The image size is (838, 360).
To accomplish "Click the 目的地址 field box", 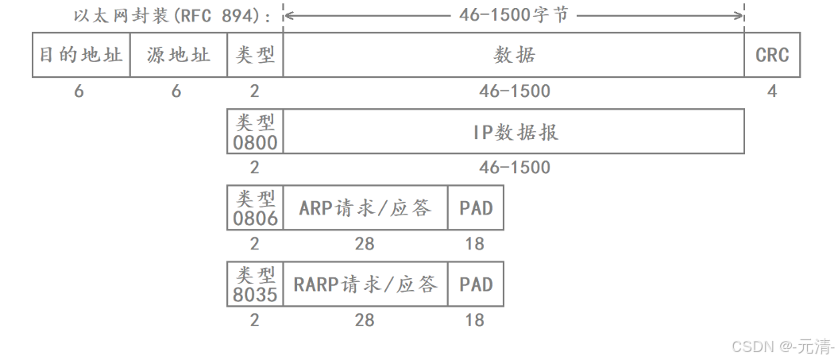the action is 81,55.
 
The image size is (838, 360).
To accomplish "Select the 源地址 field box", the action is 179,55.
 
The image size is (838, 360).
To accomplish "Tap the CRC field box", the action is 772,55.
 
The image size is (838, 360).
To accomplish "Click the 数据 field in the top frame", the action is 514,55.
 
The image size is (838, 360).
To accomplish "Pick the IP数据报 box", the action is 514,132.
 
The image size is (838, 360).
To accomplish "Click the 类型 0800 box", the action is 255,132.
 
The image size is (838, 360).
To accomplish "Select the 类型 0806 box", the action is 255,208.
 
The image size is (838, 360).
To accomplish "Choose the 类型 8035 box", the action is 255,285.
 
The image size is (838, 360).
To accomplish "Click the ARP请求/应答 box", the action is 365,208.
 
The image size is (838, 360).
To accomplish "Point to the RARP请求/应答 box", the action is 365,285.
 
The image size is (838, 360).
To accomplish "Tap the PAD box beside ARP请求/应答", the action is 476,208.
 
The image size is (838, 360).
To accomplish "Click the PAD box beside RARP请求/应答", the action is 476,285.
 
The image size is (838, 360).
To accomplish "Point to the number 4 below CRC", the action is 772,91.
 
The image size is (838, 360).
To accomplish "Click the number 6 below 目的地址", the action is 79,91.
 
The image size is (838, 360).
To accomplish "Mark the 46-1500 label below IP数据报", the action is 514,168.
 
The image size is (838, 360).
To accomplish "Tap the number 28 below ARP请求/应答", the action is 365,244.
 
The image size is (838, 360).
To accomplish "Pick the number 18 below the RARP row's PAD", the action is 475,320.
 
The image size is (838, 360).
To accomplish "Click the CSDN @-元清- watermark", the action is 782,346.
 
